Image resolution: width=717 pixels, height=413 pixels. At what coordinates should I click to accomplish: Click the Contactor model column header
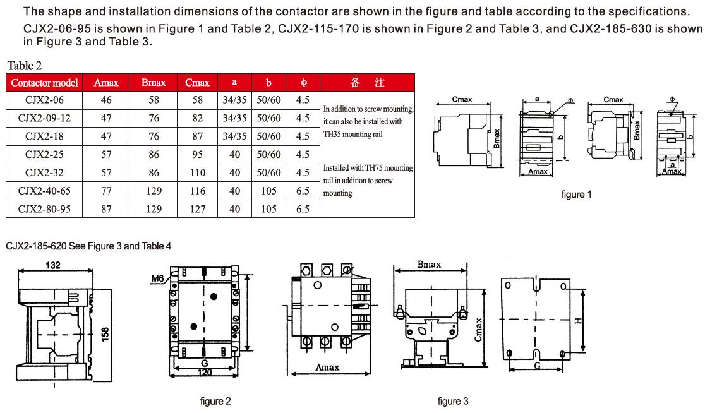point(44,83)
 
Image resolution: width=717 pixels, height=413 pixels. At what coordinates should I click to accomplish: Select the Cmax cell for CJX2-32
point(198,173)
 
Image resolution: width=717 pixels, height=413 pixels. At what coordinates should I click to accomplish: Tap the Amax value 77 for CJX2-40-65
point(106,191)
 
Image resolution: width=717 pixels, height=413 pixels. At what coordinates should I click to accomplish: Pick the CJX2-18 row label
point(44,136)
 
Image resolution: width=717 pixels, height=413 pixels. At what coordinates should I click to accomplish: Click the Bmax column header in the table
point(153,83)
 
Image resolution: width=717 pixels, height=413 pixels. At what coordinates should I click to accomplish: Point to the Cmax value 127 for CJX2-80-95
point(198,209)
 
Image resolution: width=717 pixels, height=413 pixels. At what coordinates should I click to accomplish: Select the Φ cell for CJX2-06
point(303,100)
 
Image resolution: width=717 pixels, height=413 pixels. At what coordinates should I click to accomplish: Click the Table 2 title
point(24,66)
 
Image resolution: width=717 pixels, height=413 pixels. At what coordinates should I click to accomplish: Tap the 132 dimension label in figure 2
point(53,265)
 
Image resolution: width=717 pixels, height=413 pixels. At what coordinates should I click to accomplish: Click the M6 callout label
point(157,278)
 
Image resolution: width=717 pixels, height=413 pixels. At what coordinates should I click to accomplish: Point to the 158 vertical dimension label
point(105,334)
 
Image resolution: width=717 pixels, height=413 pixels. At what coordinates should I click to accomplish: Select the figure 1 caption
point(576,195)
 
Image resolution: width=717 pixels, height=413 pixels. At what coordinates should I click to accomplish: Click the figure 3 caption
point(453,401)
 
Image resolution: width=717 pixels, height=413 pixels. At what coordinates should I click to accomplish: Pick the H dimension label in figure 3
point(578,321)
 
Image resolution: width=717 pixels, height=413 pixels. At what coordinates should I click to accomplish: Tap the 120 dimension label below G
point(205,373)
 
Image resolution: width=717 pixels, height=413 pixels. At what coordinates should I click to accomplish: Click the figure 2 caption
point(215,401)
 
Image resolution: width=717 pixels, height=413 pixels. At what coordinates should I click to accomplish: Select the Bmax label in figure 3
point(429,265)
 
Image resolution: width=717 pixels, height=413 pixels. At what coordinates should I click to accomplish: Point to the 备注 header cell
point(367,82)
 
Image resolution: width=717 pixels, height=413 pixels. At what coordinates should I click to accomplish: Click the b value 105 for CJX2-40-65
point(269,191)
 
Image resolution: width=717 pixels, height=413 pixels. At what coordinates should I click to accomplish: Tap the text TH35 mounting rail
point(352,135)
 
